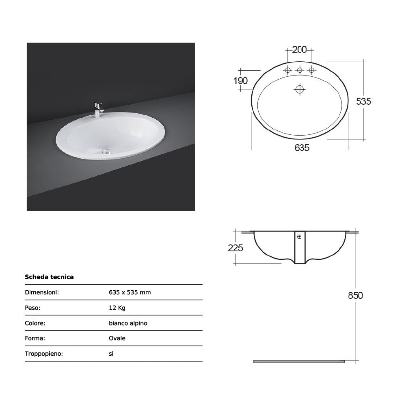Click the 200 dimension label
(299, 50)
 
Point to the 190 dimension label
(240, 81)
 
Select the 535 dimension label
(363, 101)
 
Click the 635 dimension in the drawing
(302, 148)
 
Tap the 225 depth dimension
(235, 248)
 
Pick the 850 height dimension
(355, 295)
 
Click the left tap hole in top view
(287, 71)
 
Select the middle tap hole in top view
(300, 71)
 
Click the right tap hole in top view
(311, 71)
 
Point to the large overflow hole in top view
(300, 89)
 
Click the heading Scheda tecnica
(49, 277)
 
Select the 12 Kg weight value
(117, 308)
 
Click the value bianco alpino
(128, 323)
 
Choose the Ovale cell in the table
(117, 338)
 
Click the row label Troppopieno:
(44, 354)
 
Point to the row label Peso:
(32, 308)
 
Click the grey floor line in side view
(299, 361)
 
